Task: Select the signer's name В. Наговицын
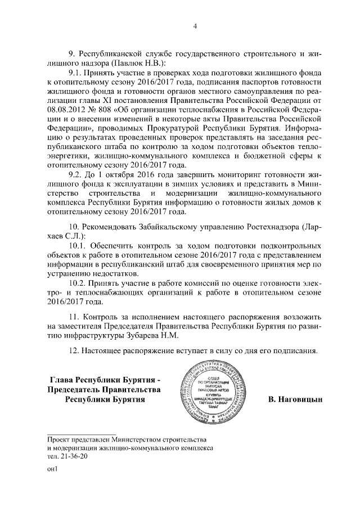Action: pyautogui.click(x=294, y=400)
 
